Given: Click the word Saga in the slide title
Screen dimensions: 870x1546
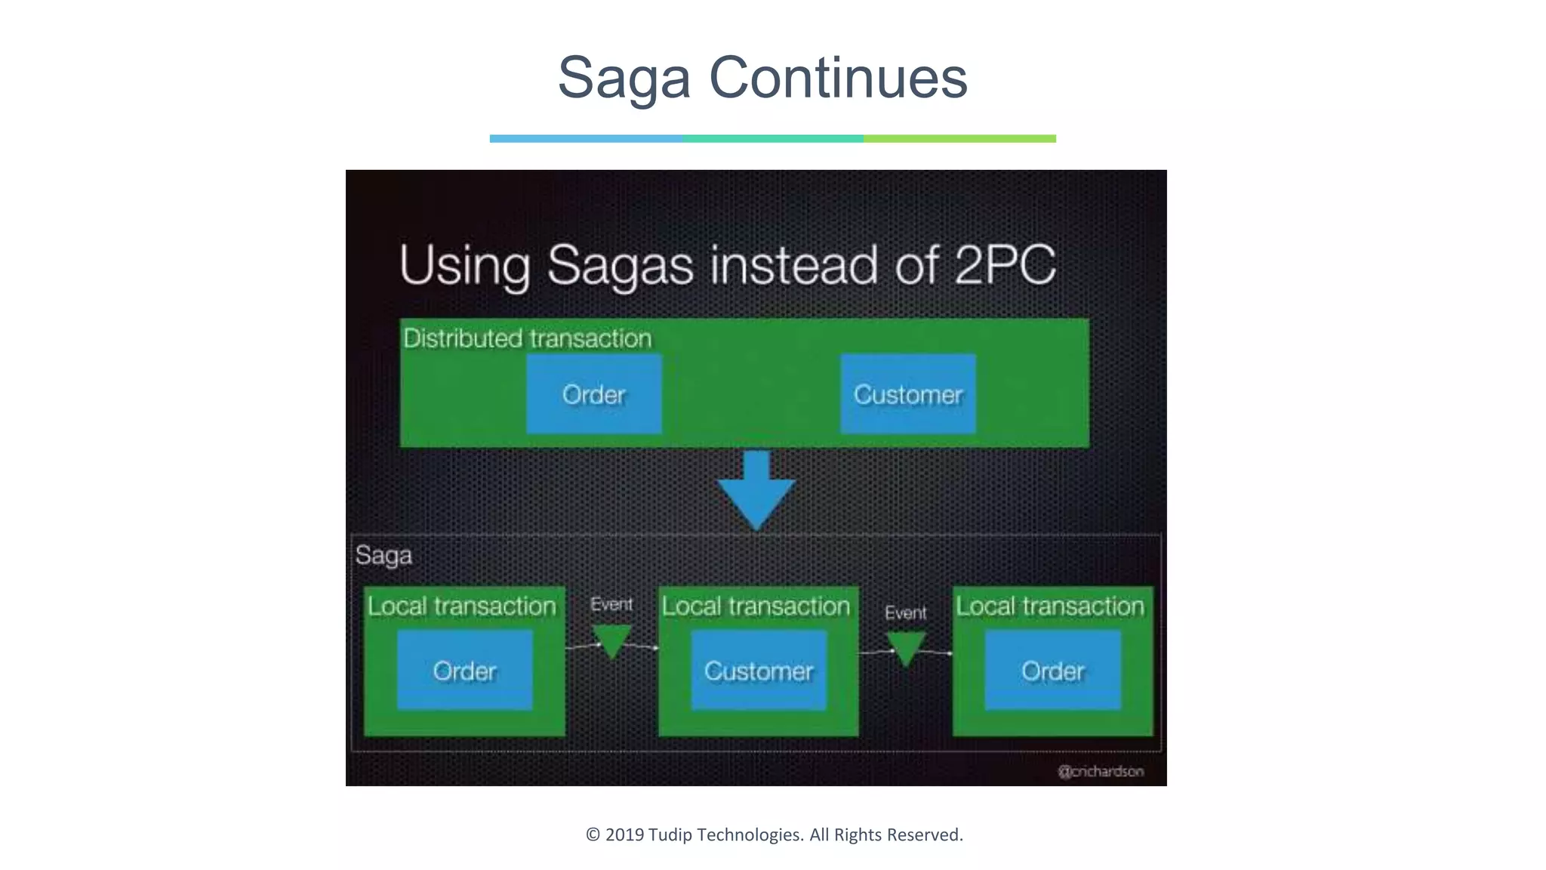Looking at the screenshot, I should [x=624, y=78].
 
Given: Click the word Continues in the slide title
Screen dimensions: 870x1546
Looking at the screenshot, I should [x=838, y=78].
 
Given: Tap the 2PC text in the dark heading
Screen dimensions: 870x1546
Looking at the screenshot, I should [x=1004, y=264].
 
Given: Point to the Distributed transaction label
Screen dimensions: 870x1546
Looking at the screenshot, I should [x=527, y=338].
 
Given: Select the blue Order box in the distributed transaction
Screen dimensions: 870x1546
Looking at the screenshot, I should [x=594, y=394].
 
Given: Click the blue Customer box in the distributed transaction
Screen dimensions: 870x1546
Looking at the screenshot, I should [x=908, y=394].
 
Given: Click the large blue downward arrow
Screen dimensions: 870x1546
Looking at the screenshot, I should [x=756, y=492].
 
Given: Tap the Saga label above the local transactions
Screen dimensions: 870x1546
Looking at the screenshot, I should [x=383, y=555].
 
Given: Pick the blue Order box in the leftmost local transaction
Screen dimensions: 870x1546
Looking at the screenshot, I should [x=465, y=671].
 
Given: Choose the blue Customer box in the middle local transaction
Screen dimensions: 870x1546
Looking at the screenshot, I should [x=759, y=671].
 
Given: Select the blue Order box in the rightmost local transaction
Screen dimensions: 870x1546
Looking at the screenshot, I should [x=1052, y=671].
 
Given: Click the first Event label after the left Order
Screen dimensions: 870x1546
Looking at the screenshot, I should [x=611, y=604].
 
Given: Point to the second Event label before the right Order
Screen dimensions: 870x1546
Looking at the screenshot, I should [x=905, y=612].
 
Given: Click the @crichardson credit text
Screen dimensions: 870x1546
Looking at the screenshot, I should [x=1101, y=771].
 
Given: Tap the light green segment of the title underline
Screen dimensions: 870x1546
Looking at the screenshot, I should [x=959, y=139].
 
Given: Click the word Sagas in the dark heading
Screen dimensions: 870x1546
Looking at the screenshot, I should [x=620, y=266].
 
